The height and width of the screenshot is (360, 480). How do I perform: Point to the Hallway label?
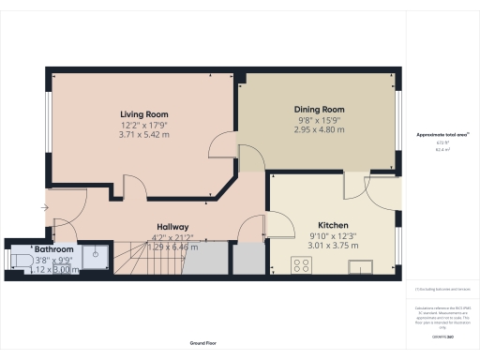coord(173,227)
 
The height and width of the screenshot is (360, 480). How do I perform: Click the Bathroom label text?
coord(54,249)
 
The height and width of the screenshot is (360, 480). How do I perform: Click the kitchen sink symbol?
coord(362,267)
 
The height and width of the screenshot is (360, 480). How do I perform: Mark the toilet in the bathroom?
coord(19,260)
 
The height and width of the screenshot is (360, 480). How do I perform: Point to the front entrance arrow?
coord(45,207)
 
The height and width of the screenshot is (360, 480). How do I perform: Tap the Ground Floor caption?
coord(203,344)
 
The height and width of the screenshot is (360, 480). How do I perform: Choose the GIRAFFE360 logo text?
coord(438,334)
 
